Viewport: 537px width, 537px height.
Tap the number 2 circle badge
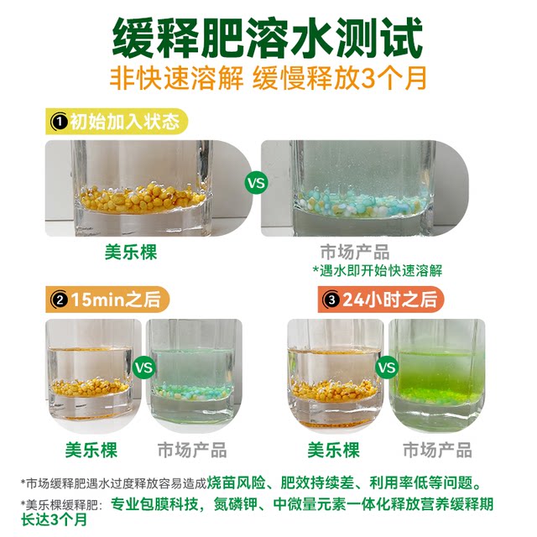point(60,298)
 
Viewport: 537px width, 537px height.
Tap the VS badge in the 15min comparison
point(143,367)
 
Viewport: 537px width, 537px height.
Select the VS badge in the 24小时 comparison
point(387,367)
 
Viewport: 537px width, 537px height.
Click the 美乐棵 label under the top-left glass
point(134,252)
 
